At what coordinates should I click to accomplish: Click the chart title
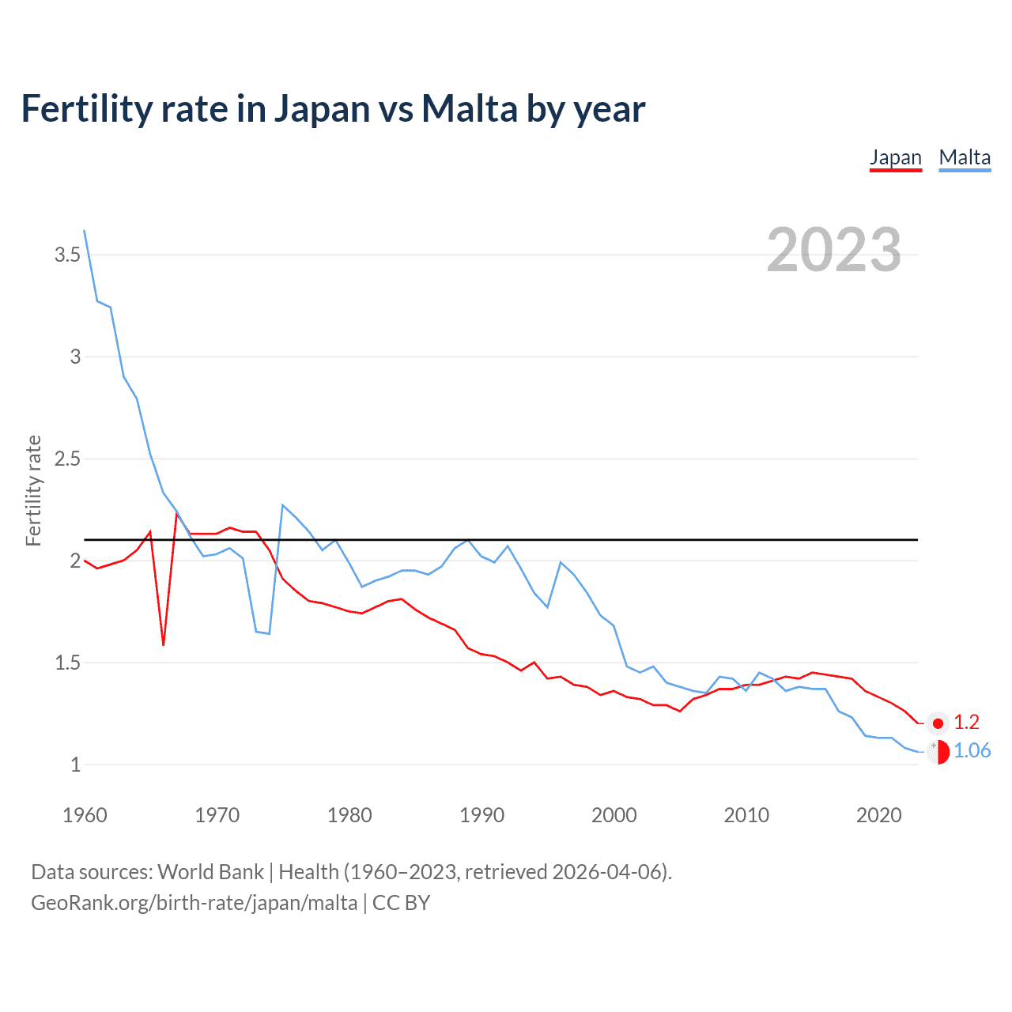coord(333,109)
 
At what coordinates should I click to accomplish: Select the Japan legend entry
coord(895,157)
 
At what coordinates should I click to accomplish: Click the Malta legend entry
coord(965,157)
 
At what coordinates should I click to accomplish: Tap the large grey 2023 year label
coord(834,250)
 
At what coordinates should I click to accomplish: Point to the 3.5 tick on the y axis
coord(67,255)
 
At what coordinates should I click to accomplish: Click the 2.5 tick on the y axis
coord(67,459)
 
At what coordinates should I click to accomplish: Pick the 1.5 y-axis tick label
coord(67,663)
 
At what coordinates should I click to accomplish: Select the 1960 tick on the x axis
coord(85,815)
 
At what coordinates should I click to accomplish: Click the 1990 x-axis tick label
coord(481,815)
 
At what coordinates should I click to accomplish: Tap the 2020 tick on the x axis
coord(878,815)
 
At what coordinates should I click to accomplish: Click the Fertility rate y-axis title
coord(33,490)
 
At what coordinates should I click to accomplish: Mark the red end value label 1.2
coord(966,722)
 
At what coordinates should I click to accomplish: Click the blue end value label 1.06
coord(972,750)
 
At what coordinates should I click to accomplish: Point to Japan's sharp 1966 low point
coord(164,645)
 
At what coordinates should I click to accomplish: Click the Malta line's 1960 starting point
coord(85,231)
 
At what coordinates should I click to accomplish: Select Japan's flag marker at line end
coord(938,723)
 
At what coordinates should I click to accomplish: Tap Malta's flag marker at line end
coord(938,752)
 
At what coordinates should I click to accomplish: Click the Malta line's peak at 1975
coord(283,504)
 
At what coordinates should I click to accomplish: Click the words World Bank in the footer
coord(210,872)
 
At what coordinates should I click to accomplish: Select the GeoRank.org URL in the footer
coord(194,903)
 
